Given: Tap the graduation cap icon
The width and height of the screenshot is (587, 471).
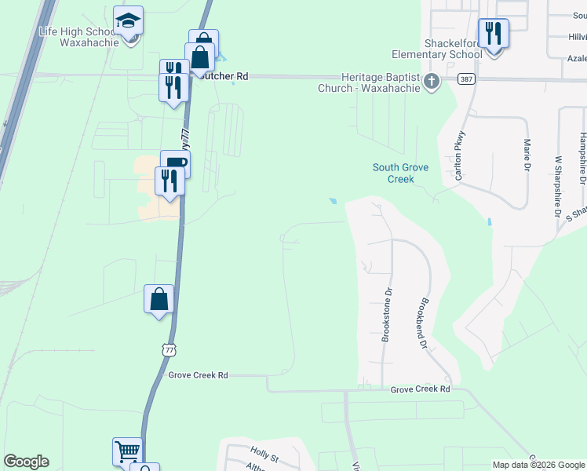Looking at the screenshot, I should click(x=128, y=21).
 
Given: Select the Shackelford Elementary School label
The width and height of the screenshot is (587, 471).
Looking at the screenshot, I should click(x=438, y=49).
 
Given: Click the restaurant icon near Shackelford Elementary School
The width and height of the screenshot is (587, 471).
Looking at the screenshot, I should click(x=493, y=33).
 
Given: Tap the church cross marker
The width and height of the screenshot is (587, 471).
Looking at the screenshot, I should click(x=432, y=81).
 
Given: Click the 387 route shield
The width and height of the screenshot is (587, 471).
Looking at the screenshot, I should click(x=465, y=80).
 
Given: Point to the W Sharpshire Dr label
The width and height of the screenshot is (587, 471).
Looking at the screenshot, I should click(x=559, y=186).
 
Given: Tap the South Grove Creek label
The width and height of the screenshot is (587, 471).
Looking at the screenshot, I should click(x=400, y=173).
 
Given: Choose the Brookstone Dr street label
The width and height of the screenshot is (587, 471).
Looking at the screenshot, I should click(x=386, y=314).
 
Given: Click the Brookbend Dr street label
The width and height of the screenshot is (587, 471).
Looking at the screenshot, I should click(x=421, y=323).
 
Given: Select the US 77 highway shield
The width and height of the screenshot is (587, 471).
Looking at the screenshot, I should click(x=169, y=349).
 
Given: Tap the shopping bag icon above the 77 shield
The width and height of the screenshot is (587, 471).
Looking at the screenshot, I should click(x=159, y=300).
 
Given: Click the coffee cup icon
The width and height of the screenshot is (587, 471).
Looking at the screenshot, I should click(x=176, y=162).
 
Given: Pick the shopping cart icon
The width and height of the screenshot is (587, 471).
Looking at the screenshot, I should click(x=127, y=451).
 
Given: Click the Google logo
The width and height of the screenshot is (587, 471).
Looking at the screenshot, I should click(x=26, y=462).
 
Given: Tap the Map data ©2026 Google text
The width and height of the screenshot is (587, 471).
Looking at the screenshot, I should click(x=538, y=465).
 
